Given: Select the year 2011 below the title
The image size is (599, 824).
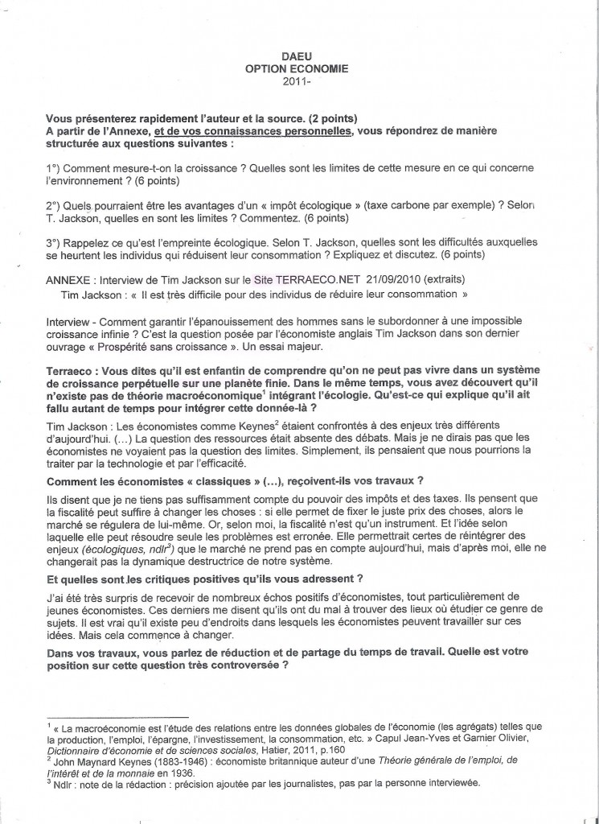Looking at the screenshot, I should coord(295,81).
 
